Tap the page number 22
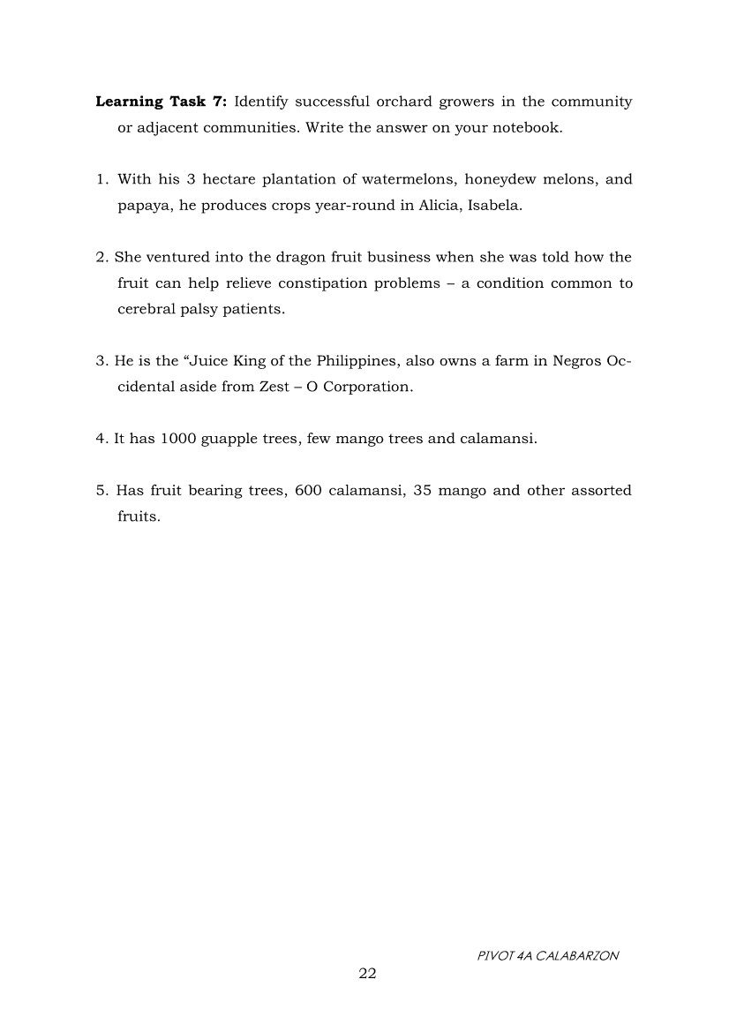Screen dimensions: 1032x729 coord(367,973)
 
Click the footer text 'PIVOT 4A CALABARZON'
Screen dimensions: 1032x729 coord(546,955)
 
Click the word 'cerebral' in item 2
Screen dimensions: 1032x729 coord(147,309)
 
